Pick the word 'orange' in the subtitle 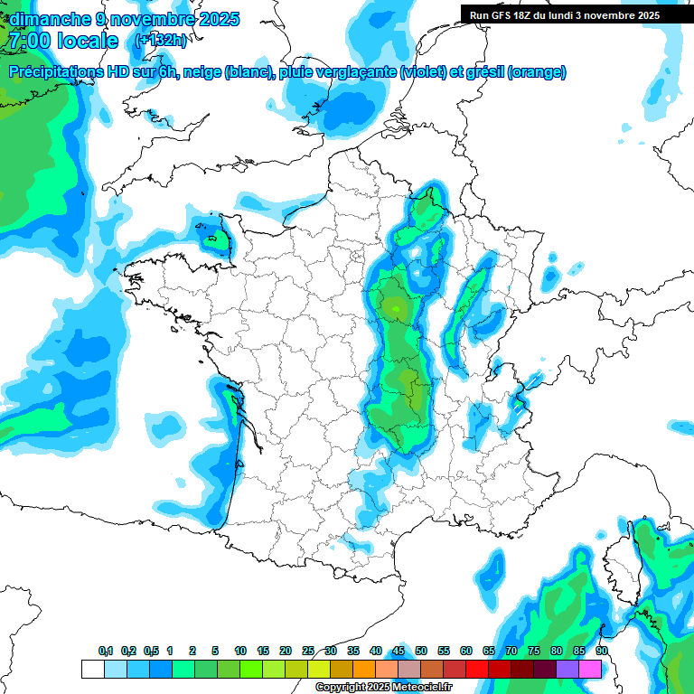click(x=539, y=72)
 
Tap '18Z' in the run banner click(x=530, y=15)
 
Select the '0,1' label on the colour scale click(x=105, y=652)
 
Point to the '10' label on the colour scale click(x=239, y=652)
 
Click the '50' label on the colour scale click(x=421, y=652)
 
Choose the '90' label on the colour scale click(x=601, y=652)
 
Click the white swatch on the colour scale click(x=92, y=669)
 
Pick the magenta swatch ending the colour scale click(x=589, y=669)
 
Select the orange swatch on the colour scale click(x=363, y=669)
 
